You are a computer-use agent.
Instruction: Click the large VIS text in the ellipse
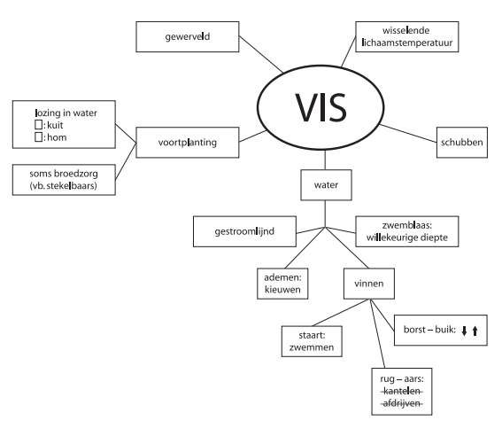point(321,107)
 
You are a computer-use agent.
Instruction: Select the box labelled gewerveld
point(188,36)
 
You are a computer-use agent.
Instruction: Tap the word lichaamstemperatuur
point(407,43)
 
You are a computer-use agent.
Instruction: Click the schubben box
point(462,143)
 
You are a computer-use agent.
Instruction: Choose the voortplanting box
point(188,143)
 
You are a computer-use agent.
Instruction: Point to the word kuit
point(55,125)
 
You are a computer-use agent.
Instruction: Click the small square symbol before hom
point(38,137)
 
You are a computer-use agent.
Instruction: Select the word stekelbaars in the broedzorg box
point(71,185)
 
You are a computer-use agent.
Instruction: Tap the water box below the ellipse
point(326,185)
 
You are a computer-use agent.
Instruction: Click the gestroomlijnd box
point(244,231)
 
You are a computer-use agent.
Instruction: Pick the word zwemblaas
point(405,225)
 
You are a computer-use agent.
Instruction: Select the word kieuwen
point(282,290)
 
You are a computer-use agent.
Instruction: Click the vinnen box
point(369,284)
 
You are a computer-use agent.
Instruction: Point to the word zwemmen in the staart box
point(312,347)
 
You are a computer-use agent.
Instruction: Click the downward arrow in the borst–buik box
point(464,331)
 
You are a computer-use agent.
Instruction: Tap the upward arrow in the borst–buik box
point(475,331)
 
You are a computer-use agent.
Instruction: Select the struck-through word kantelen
point(401,391)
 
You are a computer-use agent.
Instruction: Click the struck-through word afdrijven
point(401,403)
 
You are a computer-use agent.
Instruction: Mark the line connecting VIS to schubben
point(408,133)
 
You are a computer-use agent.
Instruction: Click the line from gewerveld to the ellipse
point(261,54)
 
